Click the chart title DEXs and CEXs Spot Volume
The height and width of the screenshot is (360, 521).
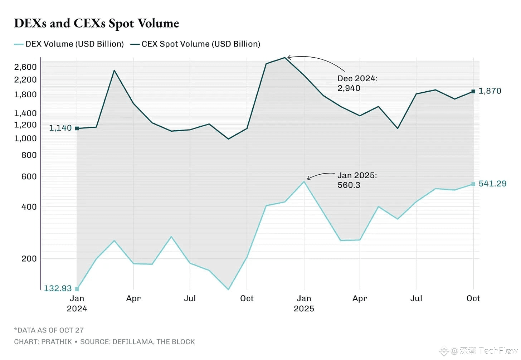[96, 23]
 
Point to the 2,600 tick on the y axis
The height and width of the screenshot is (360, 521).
[25, 67]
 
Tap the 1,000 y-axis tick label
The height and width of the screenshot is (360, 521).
[25, 138]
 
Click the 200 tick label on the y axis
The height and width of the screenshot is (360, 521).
[29, 258]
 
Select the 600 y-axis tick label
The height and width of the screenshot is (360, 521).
[29, 176]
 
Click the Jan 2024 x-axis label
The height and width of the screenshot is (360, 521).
[77, 303]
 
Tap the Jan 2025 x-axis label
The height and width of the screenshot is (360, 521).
[304, 303]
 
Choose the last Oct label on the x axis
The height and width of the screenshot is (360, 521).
[473, 298]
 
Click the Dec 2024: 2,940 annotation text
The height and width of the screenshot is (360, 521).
[357, 83]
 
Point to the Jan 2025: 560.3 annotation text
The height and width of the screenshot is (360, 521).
[357, 180]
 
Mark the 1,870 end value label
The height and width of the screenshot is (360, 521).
[490, 91]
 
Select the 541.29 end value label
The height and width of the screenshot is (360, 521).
[492, 184]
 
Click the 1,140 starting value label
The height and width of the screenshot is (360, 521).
[60, 128]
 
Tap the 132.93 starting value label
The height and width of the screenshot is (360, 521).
[58, 288]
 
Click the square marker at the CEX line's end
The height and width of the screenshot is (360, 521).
[473, 91]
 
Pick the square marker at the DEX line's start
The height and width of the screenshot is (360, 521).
[77, 289]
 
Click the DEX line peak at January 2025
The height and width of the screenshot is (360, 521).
[304, 182]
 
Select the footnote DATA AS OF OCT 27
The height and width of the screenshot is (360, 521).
[49, 330]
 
